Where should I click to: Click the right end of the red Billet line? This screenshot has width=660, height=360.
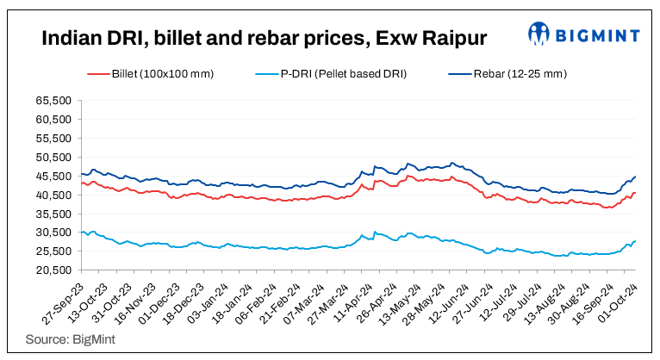pyautogui.click(x=635, y=193)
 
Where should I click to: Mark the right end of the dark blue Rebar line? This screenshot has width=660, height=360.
pyautogui.click(x=635, y=177)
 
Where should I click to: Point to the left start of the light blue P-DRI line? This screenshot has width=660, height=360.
pyautogui.click(x=79, y=233)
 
